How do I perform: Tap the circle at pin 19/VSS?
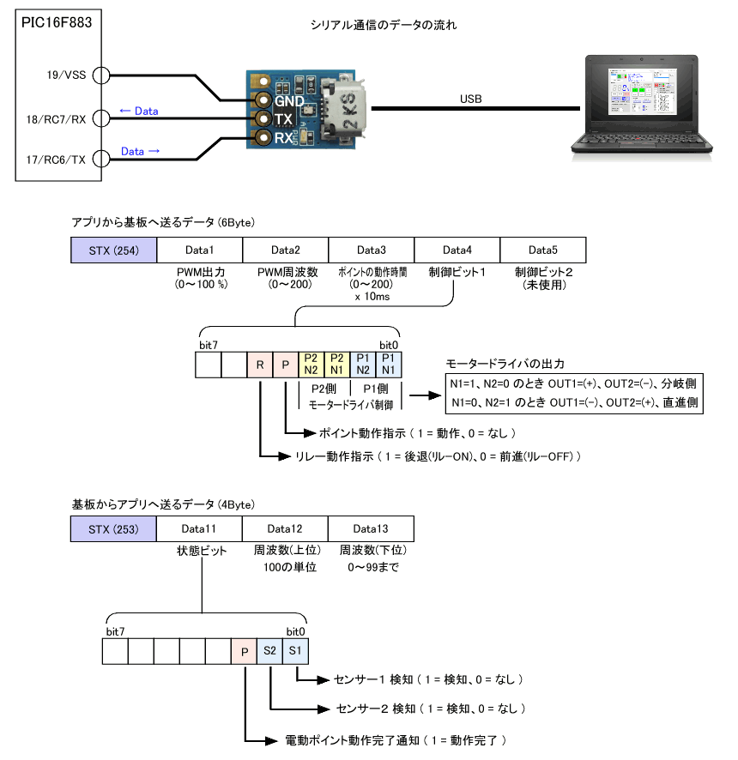(100, 75)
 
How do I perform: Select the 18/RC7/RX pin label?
(56, 118)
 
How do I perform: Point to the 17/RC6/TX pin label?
(56, 159)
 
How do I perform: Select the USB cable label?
(470, 100)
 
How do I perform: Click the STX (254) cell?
(114, 250)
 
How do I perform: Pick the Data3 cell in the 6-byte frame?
(371, 250)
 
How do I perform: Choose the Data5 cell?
(542, 250)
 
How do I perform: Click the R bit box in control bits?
(259, 365)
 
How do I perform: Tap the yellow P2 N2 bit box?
(311, 365)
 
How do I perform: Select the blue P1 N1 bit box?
(388, 365)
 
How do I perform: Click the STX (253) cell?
(114, 528)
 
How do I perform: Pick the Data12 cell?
(285, 528)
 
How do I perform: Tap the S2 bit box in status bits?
(269, 651)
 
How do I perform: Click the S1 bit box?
(295, 651)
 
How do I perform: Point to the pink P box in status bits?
(244, 651)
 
